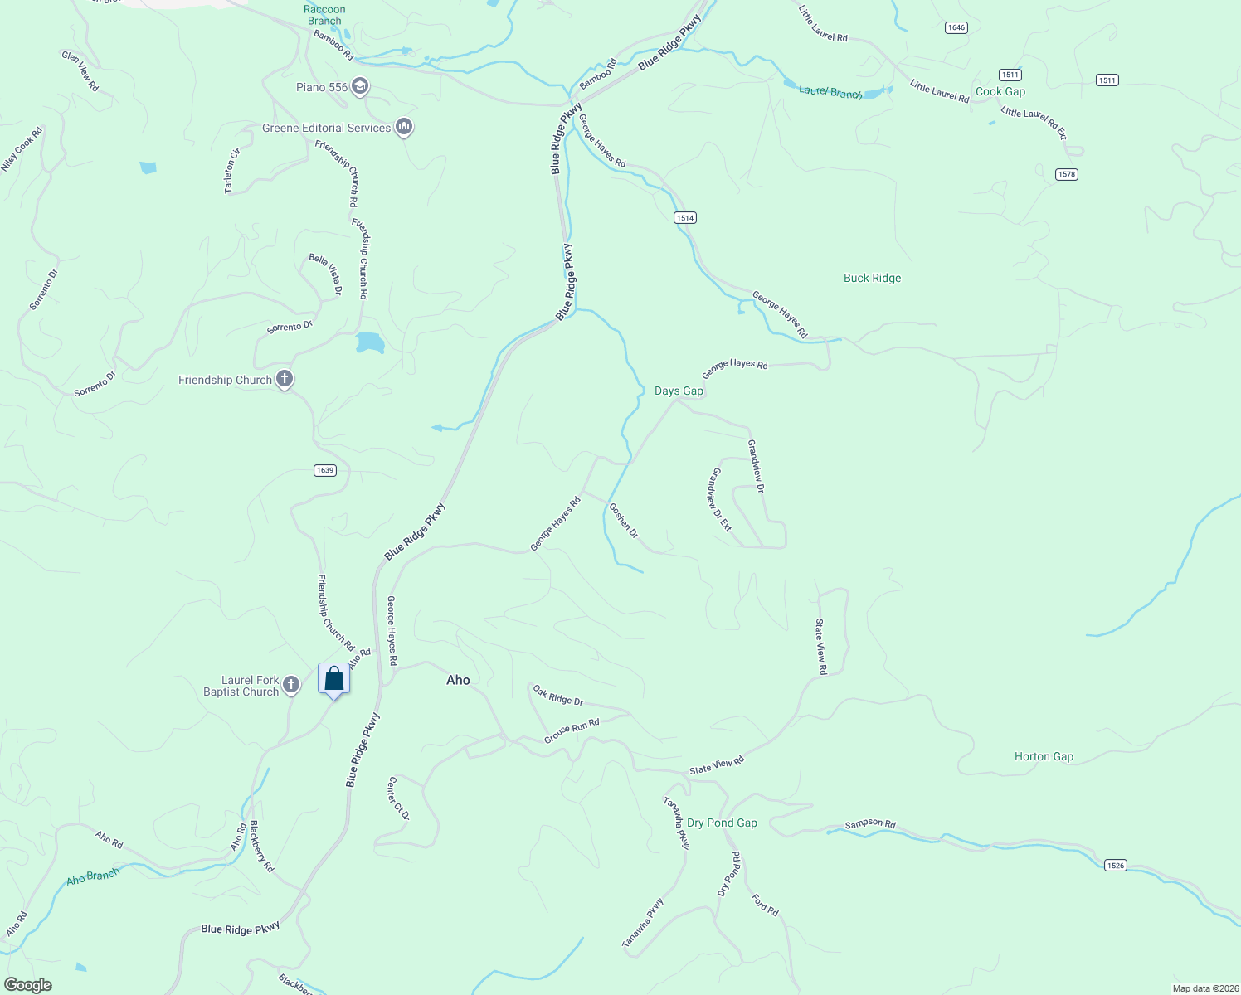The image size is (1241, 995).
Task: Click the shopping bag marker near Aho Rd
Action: [333, 679]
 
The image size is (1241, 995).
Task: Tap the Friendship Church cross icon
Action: [285, 380]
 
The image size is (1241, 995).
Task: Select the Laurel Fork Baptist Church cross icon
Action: [290, 685]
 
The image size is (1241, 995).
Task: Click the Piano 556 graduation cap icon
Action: [359, 86]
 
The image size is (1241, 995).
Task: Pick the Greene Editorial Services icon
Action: [404, 127]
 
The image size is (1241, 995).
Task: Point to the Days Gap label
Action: [679, 391]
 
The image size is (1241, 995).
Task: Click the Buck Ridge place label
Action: [872, 278]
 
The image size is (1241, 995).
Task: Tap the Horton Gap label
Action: [1044, 756]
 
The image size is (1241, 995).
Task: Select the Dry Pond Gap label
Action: [722, 823]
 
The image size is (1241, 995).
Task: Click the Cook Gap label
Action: [1000, 91]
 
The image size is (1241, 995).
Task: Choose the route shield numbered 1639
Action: [325, 470]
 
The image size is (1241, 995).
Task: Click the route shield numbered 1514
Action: [684, 217]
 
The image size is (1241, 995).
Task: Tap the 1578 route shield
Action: [1066, 174]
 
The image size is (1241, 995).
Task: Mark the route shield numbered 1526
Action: [1116, 865]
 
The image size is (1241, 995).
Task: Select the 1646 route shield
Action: [956, 27]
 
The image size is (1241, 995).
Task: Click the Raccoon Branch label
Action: [324, 15]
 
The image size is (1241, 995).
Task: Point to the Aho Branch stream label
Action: [93, 876]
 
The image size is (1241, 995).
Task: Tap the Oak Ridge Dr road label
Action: [558, 695]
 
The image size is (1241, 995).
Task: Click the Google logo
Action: [27, 985]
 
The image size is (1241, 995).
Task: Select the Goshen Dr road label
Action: [624, 520]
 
